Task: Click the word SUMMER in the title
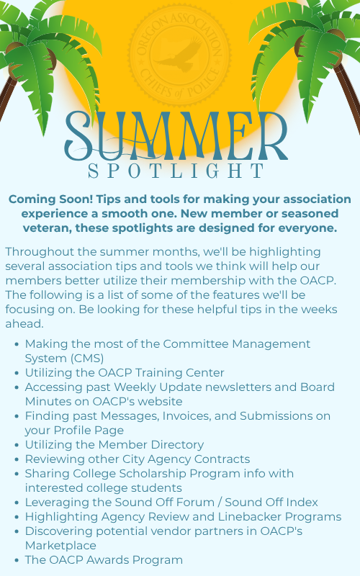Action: click(176, 135)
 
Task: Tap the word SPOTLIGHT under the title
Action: click(176, 171)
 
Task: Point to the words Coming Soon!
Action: click(50, 199)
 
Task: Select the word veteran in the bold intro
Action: click(48, 228)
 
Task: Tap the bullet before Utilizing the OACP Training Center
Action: click(17, 373)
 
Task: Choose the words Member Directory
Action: click(151, 445)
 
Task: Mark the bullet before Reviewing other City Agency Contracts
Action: click(17, 459)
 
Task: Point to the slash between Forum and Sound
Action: click(220, 502)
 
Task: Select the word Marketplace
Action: click(60, 546)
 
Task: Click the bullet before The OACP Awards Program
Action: click(17, 561)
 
